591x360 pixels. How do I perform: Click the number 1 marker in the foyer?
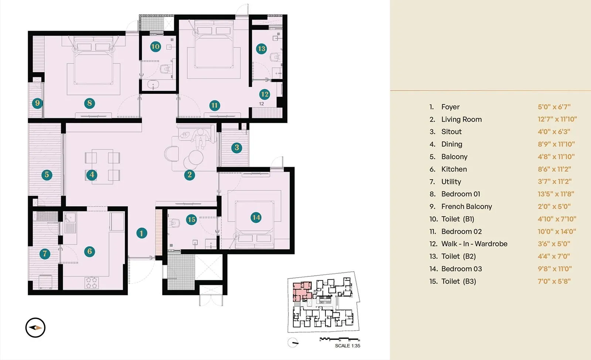[x=141, y=233]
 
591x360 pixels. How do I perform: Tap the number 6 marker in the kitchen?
[x=89, y=252]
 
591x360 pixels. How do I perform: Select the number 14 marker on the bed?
[x=256, y=218]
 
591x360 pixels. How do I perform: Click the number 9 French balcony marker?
[x=37, y=103]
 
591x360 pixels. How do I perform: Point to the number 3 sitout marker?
[x=237, y=148]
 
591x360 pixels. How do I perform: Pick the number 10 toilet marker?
[x=155, y=47]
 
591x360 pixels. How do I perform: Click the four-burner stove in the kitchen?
[x=92, y=283]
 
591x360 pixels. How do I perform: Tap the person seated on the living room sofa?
[x=200, y=138]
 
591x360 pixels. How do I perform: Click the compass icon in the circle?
[x=35, y=327]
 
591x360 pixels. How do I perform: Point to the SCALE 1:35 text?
[x=347, y=346]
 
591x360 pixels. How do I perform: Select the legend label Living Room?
[x=461, y=119]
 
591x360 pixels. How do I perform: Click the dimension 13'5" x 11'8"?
[x=556, y=194]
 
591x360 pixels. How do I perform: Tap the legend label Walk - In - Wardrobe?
[x=474, y=244]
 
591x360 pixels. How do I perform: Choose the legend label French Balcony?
[x=467, y=207]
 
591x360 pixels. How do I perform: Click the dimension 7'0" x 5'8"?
[x=554, y=281]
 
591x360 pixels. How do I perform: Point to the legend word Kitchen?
[x=454, y=169]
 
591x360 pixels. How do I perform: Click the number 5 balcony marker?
[x=47, y=175]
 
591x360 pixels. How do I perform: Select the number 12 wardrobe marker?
[x=264, y=94]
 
